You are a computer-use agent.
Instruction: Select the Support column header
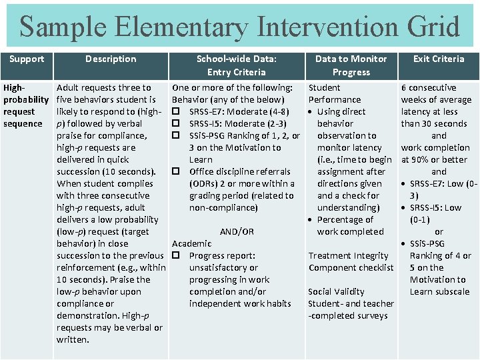(27, 59)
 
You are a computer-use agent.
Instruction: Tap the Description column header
(111, 59)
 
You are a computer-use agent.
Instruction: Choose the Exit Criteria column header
(439, 59)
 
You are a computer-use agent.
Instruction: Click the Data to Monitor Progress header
(351, 65)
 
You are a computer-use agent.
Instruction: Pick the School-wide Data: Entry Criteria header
(236, 65)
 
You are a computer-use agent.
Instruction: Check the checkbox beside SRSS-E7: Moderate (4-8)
(177, 111)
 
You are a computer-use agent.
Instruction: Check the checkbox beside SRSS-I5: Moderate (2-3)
(177, 123)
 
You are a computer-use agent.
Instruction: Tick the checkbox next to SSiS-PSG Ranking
(177, 135)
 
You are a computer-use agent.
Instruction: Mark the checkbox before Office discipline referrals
(177, 171)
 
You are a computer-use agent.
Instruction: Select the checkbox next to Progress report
(177, 255)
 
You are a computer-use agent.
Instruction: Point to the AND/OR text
(237, 231)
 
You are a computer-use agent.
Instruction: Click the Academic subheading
(192, 243)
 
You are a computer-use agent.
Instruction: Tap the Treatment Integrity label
(348, 255)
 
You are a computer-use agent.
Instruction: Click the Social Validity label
(336, 291)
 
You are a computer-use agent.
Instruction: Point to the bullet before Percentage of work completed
(311, 220)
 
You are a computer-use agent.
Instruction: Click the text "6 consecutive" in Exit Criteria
(428, 87)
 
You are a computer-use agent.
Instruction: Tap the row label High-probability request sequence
(25, 105)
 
